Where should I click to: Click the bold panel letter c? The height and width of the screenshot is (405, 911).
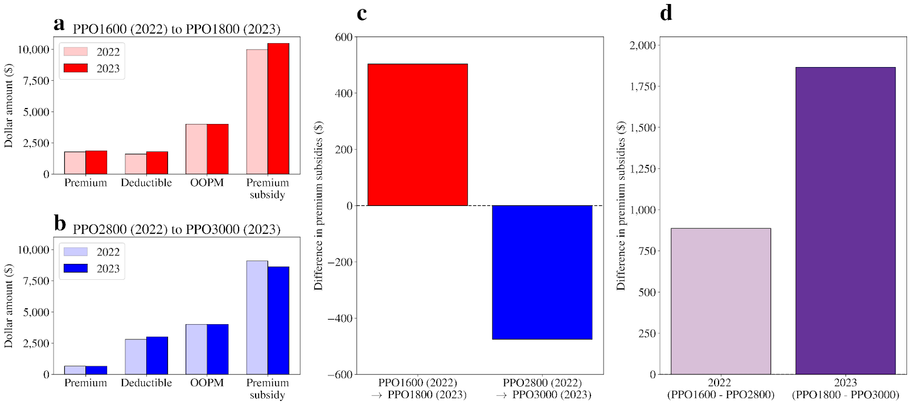362,14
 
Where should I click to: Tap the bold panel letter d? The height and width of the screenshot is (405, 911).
666,13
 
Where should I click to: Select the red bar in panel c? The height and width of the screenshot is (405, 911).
417,135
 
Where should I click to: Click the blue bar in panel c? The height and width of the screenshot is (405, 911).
541,272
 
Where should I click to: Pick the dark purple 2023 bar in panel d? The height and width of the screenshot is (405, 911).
845,221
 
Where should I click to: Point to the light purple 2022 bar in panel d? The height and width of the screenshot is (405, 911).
720,301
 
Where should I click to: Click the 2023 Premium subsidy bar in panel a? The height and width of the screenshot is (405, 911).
278,109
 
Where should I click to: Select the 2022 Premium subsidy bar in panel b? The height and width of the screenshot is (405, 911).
257,317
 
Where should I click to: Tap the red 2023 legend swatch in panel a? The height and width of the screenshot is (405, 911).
76,68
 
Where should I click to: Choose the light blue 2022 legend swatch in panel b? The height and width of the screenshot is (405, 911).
76,251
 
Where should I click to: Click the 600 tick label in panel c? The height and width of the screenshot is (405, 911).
344,38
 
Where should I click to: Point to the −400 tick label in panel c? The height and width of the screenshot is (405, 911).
340,319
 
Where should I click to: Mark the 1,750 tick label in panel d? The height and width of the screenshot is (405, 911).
643,86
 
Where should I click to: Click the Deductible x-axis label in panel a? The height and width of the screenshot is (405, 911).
146,183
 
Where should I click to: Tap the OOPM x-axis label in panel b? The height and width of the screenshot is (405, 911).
207,383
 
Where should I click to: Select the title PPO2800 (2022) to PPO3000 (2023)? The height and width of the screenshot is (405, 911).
177,229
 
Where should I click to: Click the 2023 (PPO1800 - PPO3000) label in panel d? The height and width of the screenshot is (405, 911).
845,389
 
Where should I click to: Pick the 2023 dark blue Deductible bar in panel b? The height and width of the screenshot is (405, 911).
157,356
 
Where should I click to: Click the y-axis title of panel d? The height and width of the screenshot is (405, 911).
621,206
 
